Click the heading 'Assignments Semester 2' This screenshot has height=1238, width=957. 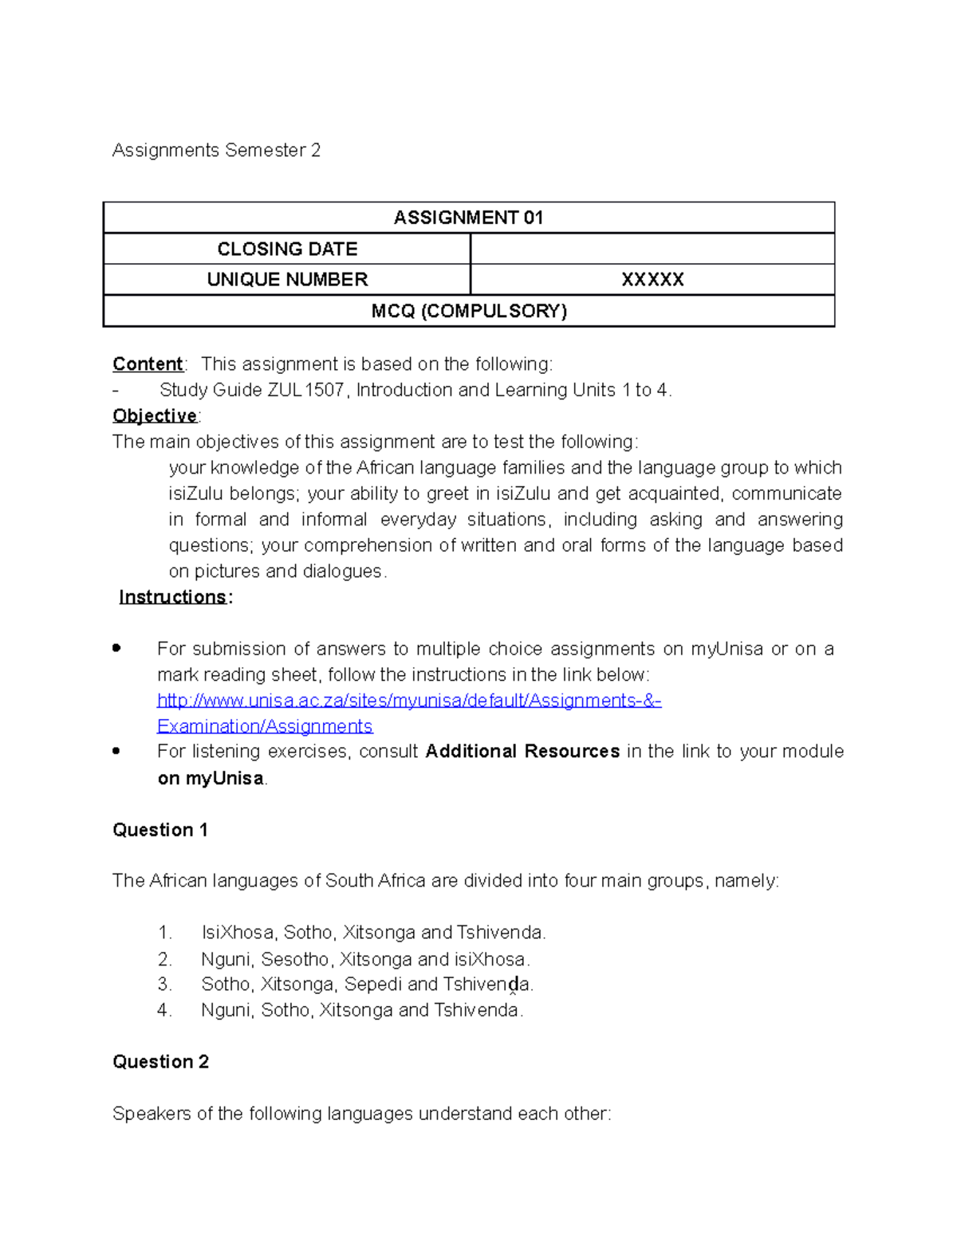[216, 151]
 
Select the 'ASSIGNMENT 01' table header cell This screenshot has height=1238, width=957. [468, 218]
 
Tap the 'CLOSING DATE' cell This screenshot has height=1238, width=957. [287, 249]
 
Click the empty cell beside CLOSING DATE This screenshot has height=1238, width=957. [652, 249]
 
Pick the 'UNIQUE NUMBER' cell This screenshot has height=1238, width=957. [287, 280]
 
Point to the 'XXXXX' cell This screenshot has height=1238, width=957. [652, 280]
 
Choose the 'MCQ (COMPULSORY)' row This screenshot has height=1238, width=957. [468, 311]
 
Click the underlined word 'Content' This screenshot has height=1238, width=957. [148, 364]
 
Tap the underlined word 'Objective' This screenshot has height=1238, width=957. [155, 416]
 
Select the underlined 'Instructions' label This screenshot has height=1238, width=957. [173, 597]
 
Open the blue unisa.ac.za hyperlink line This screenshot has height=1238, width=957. [409, 701]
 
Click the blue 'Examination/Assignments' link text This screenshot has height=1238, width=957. [265, 726]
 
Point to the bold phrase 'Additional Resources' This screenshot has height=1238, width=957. [522, 752]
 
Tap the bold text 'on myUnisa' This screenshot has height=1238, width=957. [211, 778]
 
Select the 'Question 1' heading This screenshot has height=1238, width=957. [160, 830]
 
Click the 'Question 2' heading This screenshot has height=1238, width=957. [160, 1062]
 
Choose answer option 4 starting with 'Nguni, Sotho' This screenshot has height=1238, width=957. [362, 1011]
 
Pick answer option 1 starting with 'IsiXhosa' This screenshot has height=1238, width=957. [373, 933]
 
